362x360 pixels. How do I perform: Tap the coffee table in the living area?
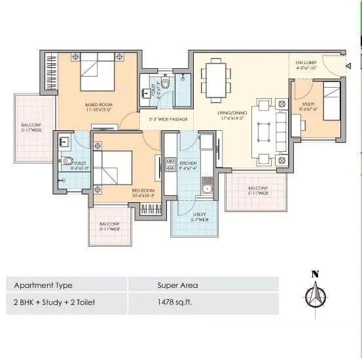(264, 131)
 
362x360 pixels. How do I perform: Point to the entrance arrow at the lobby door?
(348, 65)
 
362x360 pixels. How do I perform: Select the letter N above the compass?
(315, 274)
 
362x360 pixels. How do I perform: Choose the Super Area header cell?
(177, 285)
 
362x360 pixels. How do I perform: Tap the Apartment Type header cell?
(43, 285)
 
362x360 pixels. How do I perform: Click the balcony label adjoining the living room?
(257, 190)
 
